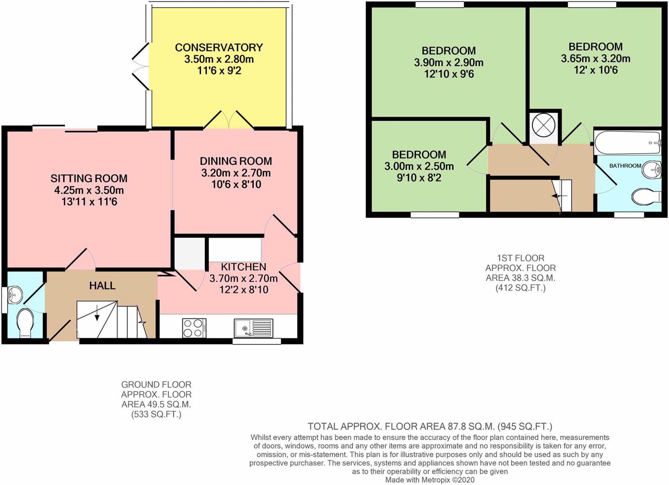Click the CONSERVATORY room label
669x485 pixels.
pyautogui.click(x=219, y=47)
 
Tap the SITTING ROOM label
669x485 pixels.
pyautogui.click(x=89, y=178)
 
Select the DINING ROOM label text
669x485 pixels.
pyautogui.click(x=236, y=161)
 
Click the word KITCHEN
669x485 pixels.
pyautogui.click(x=244, y=267)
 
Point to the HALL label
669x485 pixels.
pyautogui.click(x=102, y=286)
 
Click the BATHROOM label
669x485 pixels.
pyautogui.click(x=625, y=166)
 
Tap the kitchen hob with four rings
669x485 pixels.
pyautogui.click(x=194, y=327)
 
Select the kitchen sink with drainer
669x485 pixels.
pyautogui.click(x=253, y=328)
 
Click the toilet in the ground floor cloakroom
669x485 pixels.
pyautogui.click(x=25, y=324)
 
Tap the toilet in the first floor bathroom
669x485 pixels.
pyautogui.click(x=646, y=197)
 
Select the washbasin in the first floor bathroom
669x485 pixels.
pyautogui.click(x=652, y=170)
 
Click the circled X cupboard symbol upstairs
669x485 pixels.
pyautogui.click(x=543, y=125)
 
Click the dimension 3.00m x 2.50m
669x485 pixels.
pyautogui.click(x=419, y=166)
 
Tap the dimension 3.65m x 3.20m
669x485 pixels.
pyautogui.click(x=595, y=58)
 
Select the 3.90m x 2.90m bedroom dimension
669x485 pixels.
pyautogui.click(x=448, y=62)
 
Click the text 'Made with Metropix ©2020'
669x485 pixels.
pyautogui.click(x=430, y=480)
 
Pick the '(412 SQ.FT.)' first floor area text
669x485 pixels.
pyautogui.click(x=520, y=288)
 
